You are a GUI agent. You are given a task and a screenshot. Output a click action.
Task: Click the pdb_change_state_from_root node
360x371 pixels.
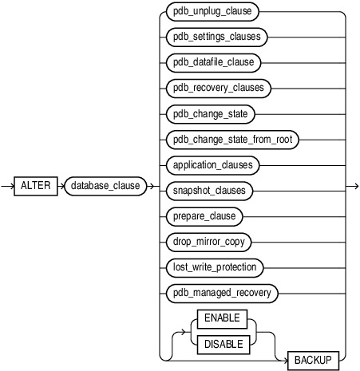click(229, 139)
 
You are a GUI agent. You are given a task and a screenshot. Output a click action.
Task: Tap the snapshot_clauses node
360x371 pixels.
click(209, 190)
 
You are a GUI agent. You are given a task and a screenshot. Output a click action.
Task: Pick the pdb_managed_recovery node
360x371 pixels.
click(220, 293)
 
